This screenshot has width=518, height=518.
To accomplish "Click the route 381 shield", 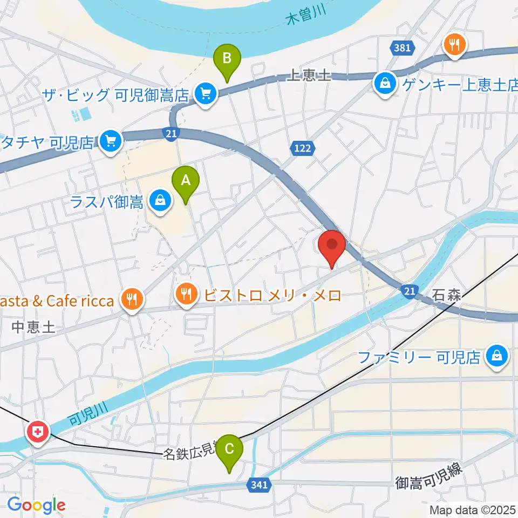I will pyautogui.click(x=402, y=48).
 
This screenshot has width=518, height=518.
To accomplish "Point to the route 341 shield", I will pyautogui.click(x=259, y=485).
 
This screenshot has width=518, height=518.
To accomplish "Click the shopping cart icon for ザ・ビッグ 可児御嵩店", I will pyautogui.click(x=205, y=95).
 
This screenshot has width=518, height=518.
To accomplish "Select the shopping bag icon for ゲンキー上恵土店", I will pyautogui.click(x=385, y=84).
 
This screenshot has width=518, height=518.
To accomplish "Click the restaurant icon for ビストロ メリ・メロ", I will pyautogui.click(x=187, y=295).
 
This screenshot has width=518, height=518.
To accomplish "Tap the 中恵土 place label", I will pyautogui.click(x=33, y=327).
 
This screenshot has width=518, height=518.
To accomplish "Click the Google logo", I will pyautogui.click(x=36, y=505).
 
